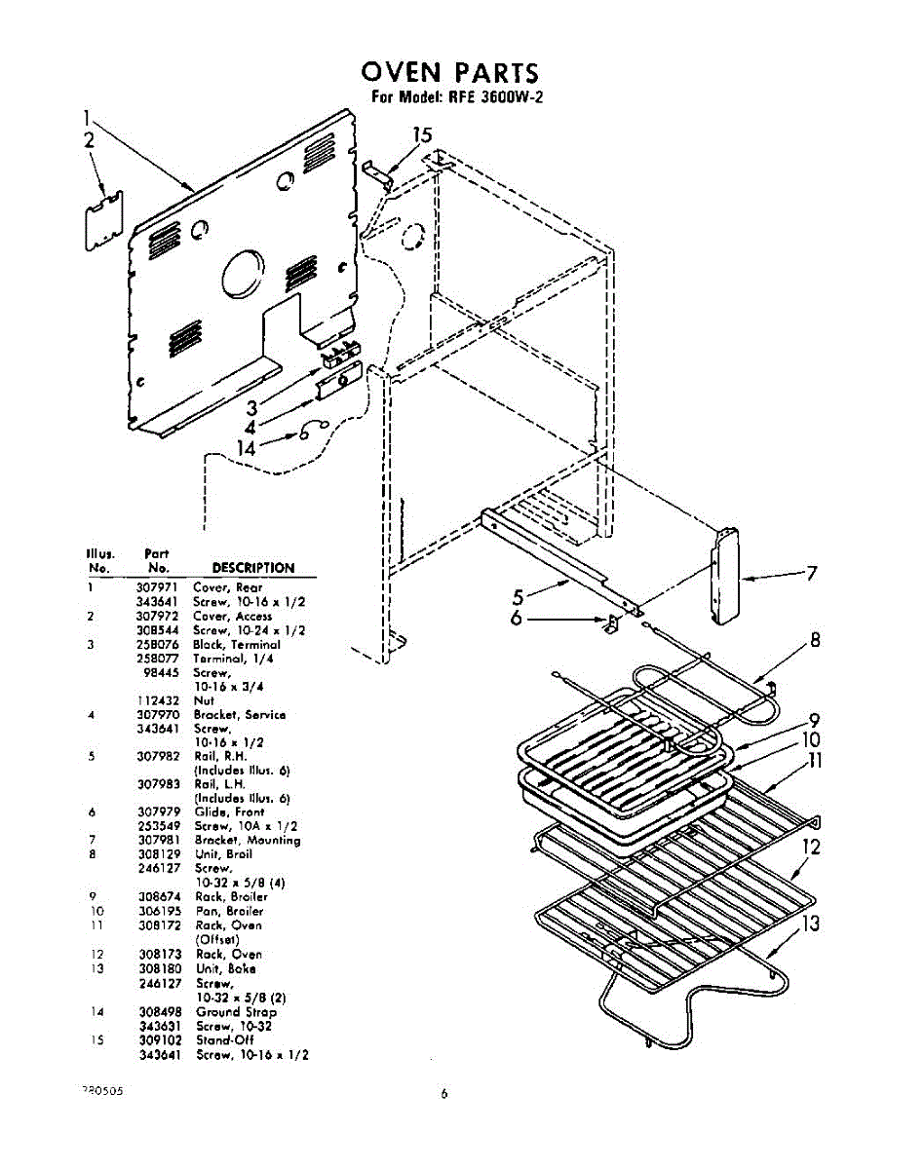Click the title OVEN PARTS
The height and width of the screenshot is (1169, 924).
point(448,73)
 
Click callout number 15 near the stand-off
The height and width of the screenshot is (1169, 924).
point(422,136)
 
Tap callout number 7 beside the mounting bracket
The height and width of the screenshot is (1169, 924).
point(810,574)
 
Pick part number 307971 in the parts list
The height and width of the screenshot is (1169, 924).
point(156,587)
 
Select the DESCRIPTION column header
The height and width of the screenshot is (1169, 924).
point(252,568)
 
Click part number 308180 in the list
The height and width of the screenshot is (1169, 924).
point(156,969)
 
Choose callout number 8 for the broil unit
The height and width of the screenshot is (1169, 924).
point(815,640)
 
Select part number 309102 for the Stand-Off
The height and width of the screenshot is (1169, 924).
point(156,1040)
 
